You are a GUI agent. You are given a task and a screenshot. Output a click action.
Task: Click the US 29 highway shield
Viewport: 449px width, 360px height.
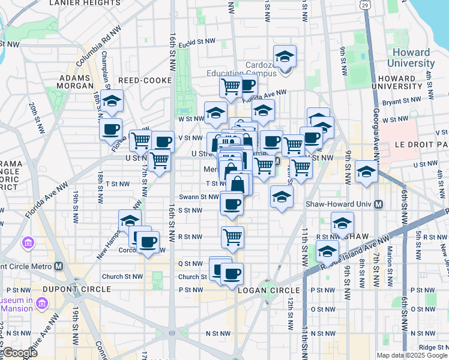(x=365, y=5)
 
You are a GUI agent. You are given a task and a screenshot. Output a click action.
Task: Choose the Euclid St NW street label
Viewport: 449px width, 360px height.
(x=200, y=41)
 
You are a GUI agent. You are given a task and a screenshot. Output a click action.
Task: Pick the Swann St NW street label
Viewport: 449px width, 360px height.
(x=199, y=197)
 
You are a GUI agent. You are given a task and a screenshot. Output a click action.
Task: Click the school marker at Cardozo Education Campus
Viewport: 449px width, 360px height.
(x=285, y=57)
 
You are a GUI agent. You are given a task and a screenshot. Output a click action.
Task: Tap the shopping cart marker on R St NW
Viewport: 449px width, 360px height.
(x=232, y=236)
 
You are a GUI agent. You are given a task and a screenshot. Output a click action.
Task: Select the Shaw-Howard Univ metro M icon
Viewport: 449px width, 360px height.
(x=379, y=204)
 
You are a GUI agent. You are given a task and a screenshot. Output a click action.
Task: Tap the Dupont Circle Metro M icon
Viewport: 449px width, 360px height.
(x=58, y=266)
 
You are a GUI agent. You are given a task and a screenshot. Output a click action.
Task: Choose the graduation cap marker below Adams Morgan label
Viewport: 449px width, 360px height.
(x=112, y=101)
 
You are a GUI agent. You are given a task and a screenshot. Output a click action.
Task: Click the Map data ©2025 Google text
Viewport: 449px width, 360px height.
(x=412, y=355)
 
